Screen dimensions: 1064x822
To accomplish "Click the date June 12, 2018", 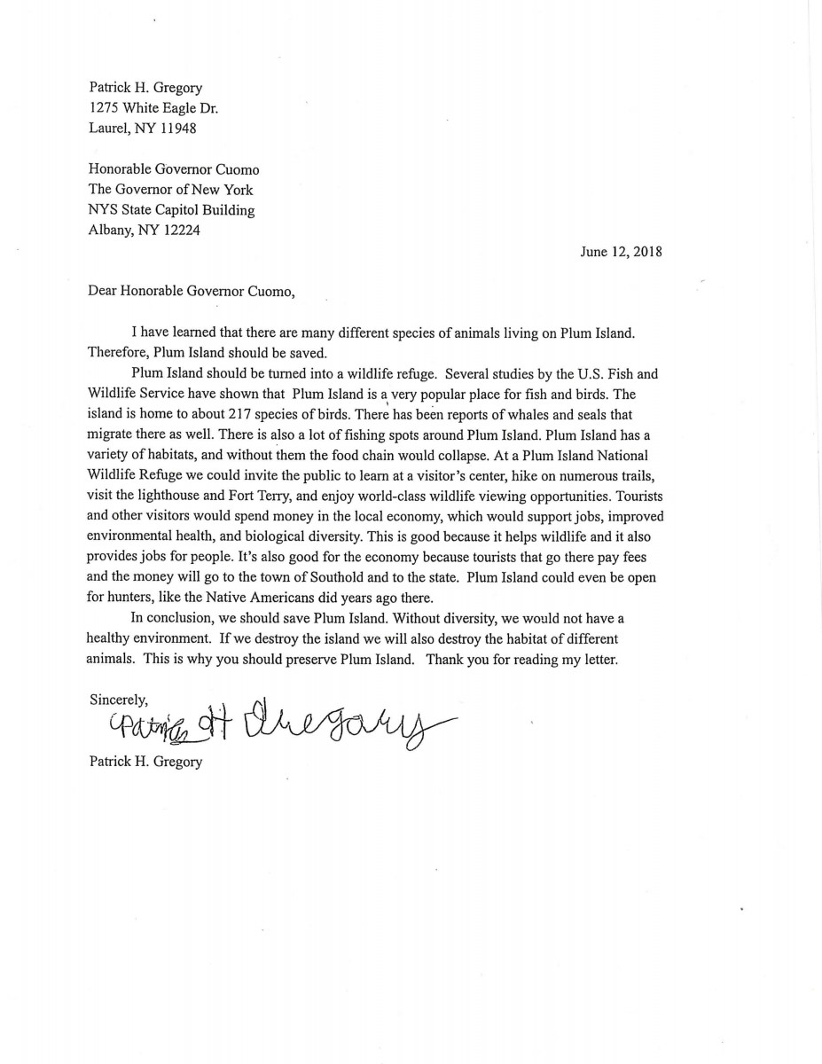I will pyautogui.click(x=621, y=251).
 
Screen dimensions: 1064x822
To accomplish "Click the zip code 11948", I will pyautogui.click(x=177, y=128).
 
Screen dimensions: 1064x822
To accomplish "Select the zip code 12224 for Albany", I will pyautogui.click(x=184, y=230).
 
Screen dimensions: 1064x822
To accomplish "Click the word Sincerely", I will pyautogui.click(x=118, y=699).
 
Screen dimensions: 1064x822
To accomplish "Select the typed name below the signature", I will pyautogui.click(x=145, y=761).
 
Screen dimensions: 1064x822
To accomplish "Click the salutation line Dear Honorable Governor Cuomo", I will pyautogui.click(x=191, y=291).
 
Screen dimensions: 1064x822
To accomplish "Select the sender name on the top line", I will pyautogui.click(x=145, y=87).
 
